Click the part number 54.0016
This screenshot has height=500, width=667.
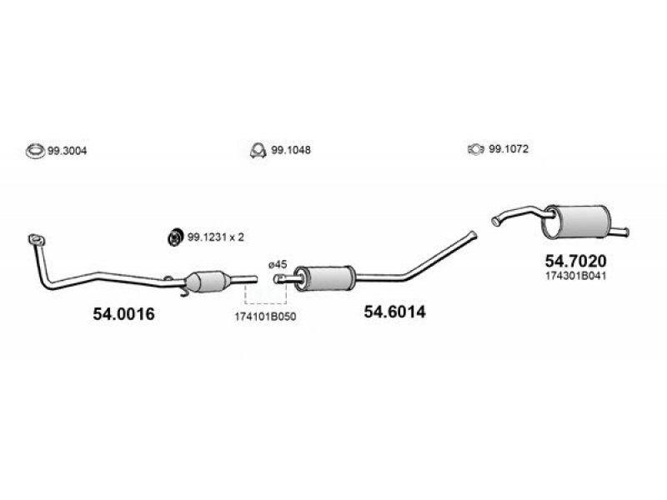coord(123,314)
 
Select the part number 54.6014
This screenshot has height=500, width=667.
coord(394,312)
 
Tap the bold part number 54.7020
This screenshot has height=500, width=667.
coord(576,261)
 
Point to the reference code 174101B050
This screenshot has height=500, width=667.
coord(265,317)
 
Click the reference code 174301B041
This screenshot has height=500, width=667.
coord(576,276)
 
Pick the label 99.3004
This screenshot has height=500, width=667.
coord(68,151)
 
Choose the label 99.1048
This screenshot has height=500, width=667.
coord(291,150)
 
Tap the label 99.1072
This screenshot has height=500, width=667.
coord(509,149)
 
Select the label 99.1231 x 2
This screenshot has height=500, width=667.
coord(216,237)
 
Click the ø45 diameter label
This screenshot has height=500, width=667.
coord(278,264)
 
